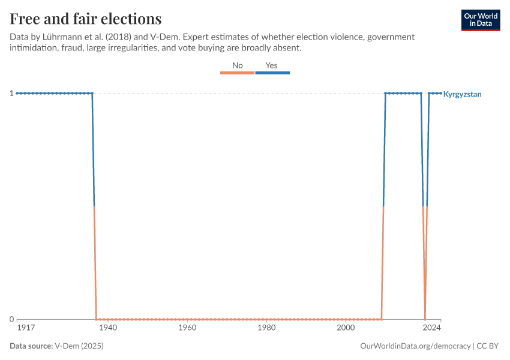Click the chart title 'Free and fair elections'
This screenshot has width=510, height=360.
pos(85,18)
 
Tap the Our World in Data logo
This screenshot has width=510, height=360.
pos(480,20)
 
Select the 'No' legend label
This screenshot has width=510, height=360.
pos(238,65)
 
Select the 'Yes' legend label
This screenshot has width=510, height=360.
pos(272,65)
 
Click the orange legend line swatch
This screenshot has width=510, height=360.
pos(238,73)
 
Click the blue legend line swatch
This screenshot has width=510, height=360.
pos(272,73)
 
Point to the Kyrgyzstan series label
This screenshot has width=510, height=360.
pos(462,94)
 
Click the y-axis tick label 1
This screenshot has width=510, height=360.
pos(11,93)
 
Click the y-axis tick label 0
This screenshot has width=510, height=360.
pos(11,319)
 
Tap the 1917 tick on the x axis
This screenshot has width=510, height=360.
pos(25,328)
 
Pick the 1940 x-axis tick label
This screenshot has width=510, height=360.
pos(108,328)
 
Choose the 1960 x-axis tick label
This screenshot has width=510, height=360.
pos(187,328)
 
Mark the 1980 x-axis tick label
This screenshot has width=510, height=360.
pos(266,328)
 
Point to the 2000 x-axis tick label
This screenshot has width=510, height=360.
pos(346,328)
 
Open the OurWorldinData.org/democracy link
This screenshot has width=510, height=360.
pos(415,346)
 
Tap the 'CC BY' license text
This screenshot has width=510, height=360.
pos(488,346)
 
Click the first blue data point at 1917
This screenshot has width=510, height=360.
pos(17,93)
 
